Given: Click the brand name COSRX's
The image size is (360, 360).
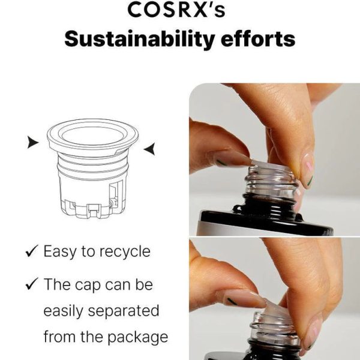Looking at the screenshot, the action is click(x=176, y=10).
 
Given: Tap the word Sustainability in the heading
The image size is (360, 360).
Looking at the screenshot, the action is click(x=140, y=39).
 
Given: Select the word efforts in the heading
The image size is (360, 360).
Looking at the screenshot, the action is click(x=258, y=38).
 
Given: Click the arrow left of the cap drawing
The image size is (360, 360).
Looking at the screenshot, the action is click(x=33, y=142).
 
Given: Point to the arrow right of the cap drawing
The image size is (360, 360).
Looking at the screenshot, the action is click(x=149, y=149).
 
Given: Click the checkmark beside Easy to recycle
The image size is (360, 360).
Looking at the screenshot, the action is click(x=32, y=251).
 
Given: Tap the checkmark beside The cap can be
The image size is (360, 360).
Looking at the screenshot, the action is click(x=32, y=284).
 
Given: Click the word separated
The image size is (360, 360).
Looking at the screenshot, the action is click(x=124, y=311).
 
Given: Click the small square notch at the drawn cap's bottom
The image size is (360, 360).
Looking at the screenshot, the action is click(x=94, y=210).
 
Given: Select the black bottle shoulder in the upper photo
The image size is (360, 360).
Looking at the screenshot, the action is click(x=266, y=219).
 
